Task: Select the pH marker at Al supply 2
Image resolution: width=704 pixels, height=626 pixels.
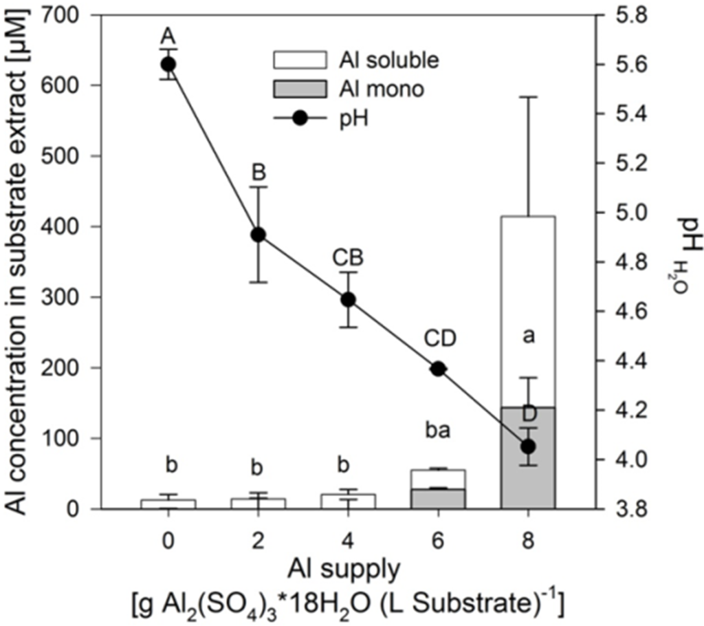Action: pos(258,235)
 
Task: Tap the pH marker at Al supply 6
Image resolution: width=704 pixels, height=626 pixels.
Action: pos(438,369)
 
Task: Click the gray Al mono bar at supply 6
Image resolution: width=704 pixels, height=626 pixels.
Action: pos(438,499)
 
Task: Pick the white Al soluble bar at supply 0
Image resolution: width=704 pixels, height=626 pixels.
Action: pos(168,504)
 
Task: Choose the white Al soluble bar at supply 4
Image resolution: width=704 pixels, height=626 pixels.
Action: pos(348,501)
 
